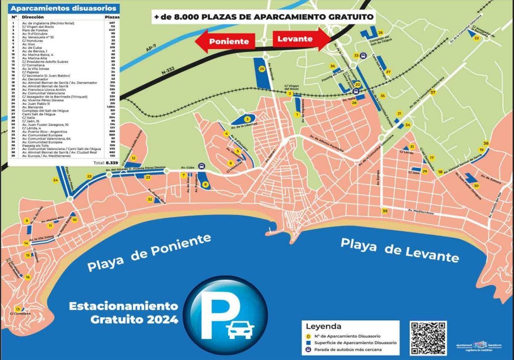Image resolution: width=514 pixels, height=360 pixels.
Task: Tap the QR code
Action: [x=428, y=338]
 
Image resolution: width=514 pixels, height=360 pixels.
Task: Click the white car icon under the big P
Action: [x=240, y=330]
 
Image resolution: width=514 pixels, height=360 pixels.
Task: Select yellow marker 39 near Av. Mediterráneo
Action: [x=385, y=211]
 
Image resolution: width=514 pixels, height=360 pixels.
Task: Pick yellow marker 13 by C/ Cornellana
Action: [x=18, y=309]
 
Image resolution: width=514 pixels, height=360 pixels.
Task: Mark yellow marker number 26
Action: [x=380, y=33]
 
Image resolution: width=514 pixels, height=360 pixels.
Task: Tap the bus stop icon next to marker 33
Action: [x=363, y=56]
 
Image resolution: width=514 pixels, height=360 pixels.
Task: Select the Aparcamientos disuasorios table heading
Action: [x=63, y=8]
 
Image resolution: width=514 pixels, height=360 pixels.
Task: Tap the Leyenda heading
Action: [x=323, y=326]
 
